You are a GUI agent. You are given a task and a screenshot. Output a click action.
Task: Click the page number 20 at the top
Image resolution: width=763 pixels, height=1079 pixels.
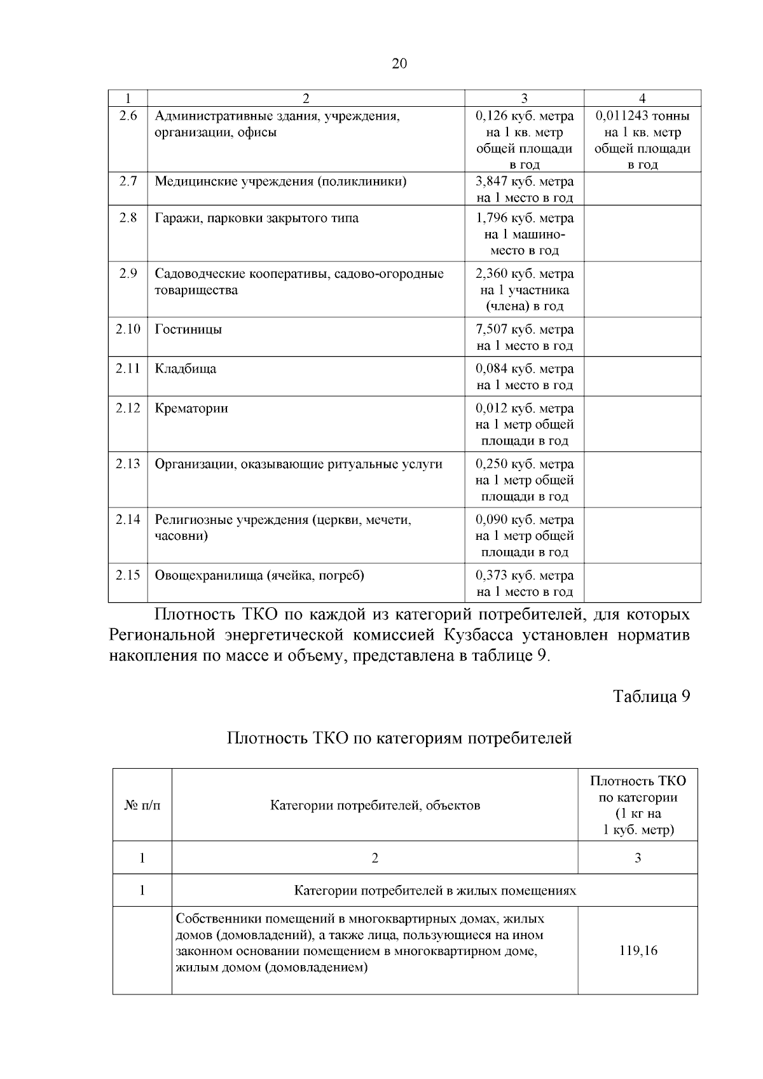coord(399,64)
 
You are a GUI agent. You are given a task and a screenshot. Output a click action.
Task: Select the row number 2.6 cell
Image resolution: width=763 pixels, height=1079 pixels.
coord(128,116)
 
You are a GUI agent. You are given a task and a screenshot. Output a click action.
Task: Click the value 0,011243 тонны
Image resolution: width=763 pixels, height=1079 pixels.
coord(642,116)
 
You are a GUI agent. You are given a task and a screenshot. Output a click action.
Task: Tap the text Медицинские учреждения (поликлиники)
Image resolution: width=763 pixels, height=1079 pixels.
coord(280,181)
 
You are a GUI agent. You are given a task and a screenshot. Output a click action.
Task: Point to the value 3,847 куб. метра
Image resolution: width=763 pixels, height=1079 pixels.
coord(525,181)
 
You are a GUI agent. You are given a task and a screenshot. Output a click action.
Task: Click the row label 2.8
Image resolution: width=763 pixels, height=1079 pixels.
coord(128,218)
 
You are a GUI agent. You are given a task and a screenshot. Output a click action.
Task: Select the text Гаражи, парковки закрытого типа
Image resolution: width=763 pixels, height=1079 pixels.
coord(257,218)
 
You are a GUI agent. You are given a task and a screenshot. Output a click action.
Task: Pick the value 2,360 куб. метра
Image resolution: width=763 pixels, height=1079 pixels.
coord(525,274)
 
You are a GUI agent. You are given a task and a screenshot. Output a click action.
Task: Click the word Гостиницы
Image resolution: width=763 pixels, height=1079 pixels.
coord(188,329)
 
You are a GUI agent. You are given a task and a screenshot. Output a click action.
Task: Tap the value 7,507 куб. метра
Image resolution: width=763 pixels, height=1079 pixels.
coord(525,329)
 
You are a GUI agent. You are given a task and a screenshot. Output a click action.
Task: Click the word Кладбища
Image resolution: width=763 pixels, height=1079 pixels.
coord(186,369)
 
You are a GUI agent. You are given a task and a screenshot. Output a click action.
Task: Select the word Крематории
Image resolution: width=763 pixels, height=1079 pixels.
coord(191,408)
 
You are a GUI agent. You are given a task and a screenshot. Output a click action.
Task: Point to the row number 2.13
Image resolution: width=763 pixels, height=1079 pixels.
coord(128,464)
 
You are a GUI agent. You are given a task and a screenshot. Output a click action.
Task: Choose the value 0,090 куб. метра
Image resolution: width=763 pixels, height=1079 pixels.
coord(525,519)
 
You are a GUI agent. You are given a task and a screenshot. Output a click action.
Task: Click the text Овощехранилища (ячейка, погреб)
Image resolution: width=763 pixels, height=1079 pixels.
coord(259,575)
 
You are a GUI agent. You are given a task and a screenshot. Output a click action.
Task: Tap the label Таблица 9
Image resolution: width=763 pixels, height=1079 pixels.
coord(651,696)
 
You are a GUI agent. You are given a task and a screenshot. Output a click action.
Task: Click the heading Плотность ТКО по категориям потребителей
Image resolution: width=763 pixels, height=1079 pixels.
coord(399,738)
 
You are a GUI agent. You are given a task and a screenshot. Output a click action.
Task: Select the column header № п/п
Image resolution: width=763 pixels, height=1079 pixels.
coord(142,806)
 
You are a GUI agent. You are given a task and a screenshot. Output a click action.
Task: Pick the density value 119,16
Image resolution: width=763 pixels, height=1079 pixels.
coord(638,951)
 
